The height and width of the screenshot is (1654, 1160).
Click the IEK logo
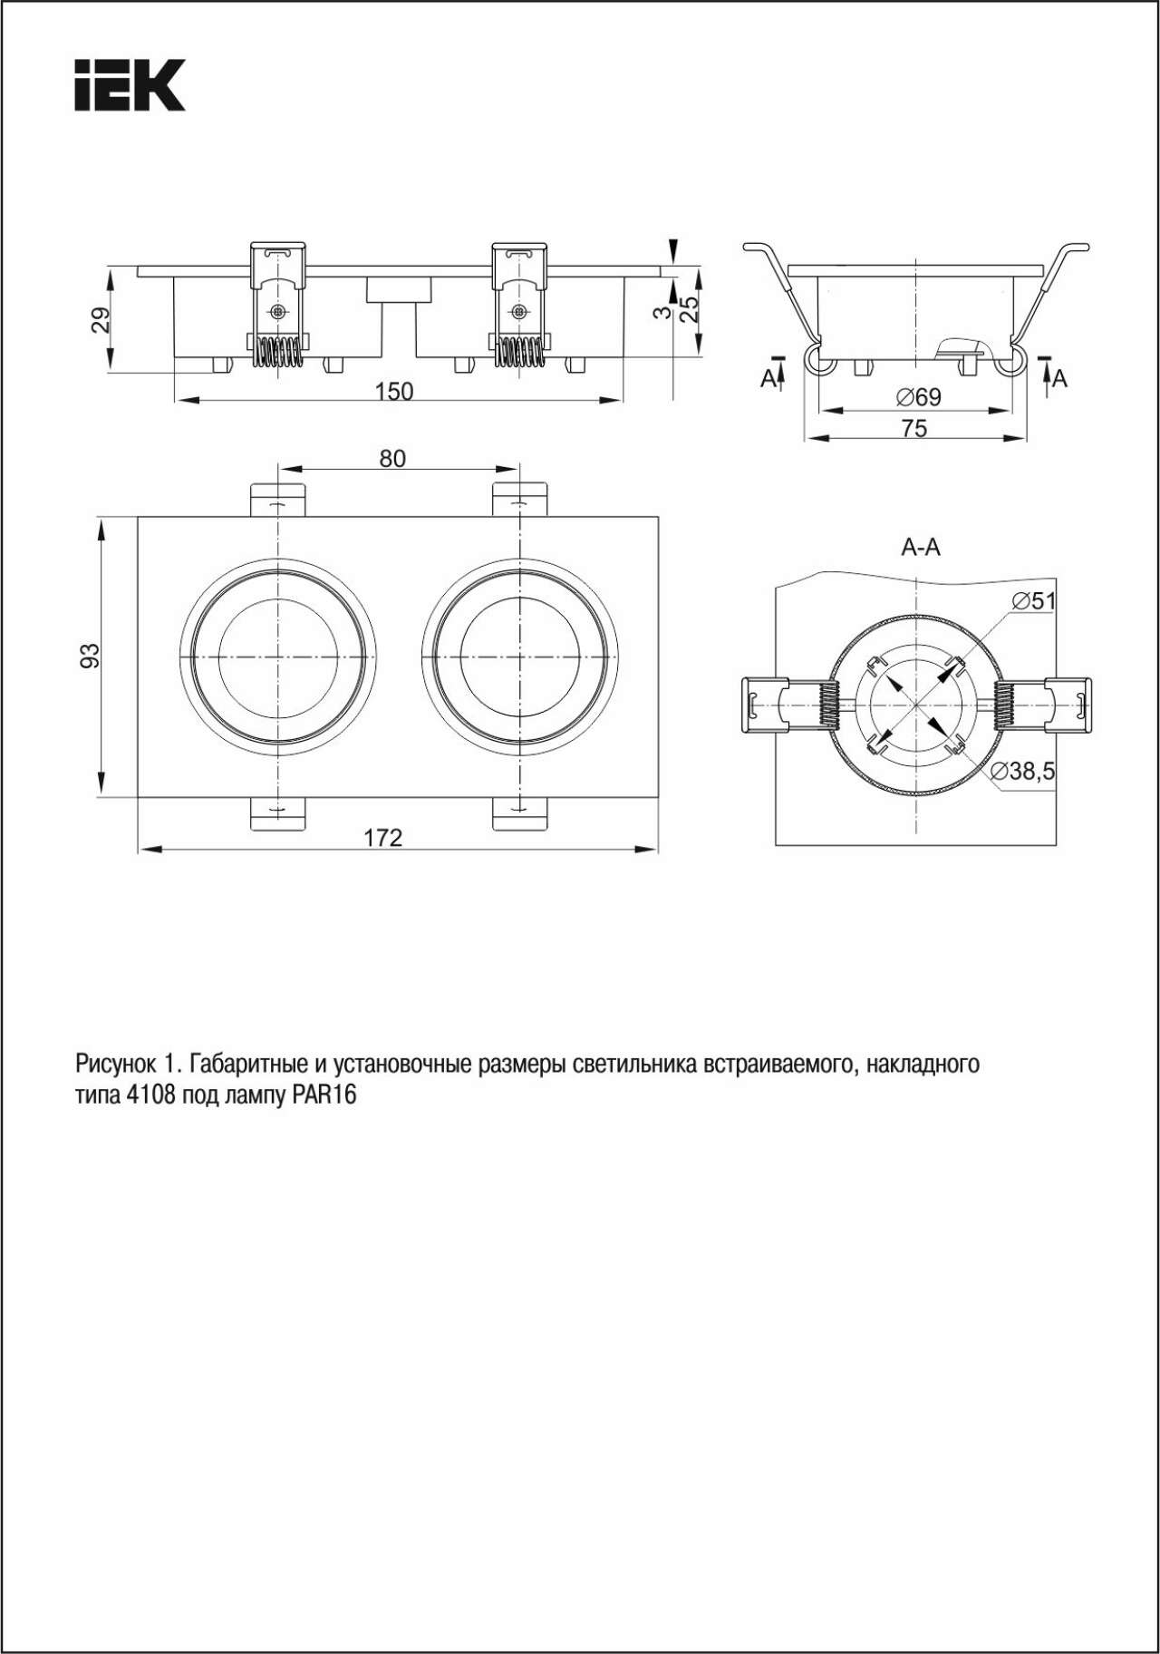pyautogui.click(x=130, y=86)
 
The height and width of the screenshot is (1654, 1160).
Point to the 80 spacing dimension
pyautogui.click(x=392, y=459)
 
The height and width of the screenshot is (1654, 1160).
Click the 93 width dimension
pyautogui.click(x=89, y=656)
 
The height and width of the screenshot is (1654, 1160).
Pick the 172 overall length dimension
pyautogui.click(x=382, y=839)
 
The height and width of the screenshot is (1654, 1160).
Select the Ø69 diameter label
pyautogui.click(x=918, y=397)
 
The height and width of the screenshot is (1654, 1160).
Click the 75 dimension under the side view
pyautogui.click(x=915, y=428)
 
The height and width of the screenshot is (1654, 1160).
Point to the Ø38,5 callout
pyautogui.click(x=1022, y=772)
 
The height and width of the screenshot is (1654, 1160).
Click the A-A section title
pyautogui.click(x=921, y=548)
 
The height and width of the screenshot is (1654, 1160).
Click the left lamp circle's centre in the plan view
pyautogui.click(x=277, y=656)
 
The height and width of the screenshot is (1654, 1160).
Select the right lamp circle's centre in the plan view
pyautogui.click(x=519, y=656)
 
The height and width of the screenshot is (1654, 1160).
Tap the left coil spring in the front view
pyautogui.click(x=276, y=353)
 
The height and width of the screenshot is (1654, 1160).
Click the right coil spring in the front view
pyautogui.click(x=519, y=353)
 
